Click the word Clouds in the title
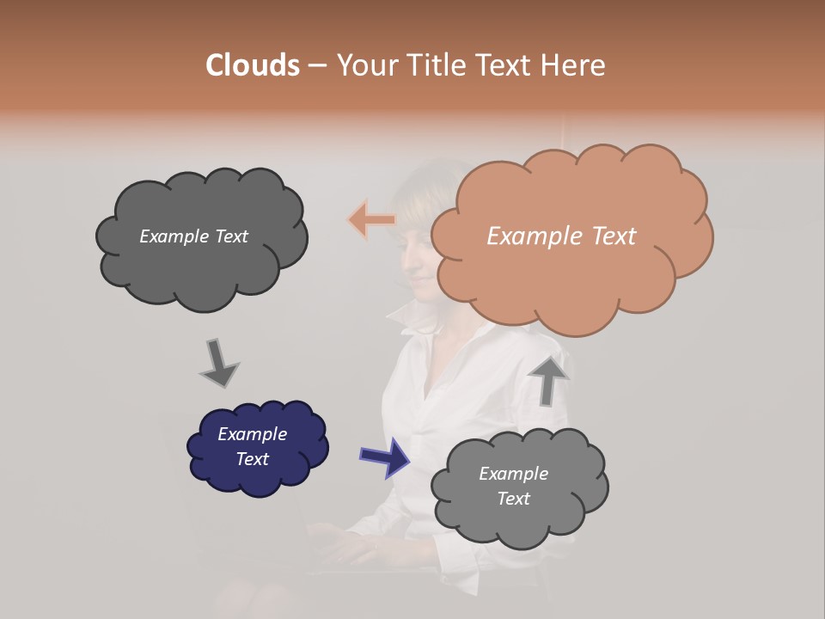pyautogui.click(x=252, y=65)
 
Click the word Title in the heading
pyautogui.click(x=437, y=65)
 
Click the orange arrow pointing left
pyautogui.click(x=372, y=220)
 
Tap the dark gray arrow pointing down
pyautogui.click(x=218, y=363)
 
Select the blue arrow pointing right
pyautogui.click(x=385, y=457)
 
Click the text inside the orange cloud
pyautogui.click(x=561, y=236)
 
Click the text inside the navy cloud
pyautogui.click(x=252, y=446)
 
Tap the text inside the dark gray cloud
pyautogui.click(x=193, y=236)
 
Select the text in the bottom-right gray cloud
pyautogui.click(x=513, y=486)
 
